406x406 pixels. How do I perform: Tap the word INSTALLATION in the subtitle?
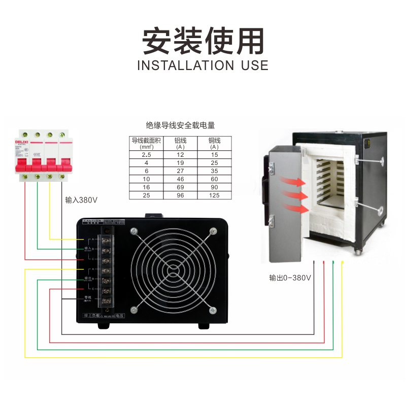184,65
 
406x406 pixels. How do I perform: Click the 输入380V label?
81,199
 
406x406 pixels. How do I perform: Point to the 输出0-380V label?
290,278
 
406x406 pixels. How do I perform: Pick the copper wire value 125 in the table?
214,195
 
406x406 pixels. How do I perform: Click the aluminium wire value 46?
180,179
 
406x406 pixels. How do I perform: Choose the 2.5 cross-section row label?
146,154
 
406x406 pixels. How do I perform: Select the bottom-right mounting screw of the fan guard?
210,308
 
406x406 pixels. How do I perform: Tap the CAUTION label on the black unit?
92,222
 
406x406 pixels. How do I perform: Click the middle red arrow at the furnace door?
296,195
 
